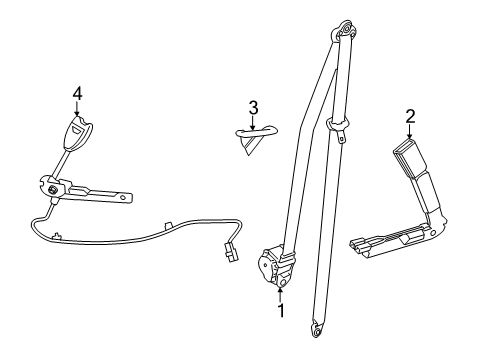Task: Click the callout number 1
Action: (x=281, y=312)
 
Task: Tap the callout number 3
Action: (x=254, y=107)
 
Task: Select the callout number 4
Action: (x=76, y=94)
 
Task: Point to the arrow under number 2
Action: (x=410, y=138)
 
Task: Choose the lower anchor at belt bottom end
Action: (x=317, y=325)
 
